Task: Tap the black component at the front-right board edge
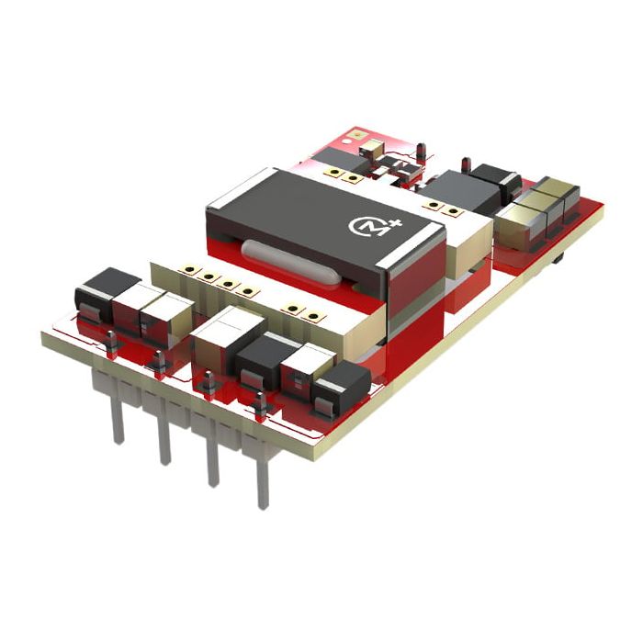tap(342, 387)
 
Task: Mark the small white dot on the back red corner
tap(355, 134)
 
